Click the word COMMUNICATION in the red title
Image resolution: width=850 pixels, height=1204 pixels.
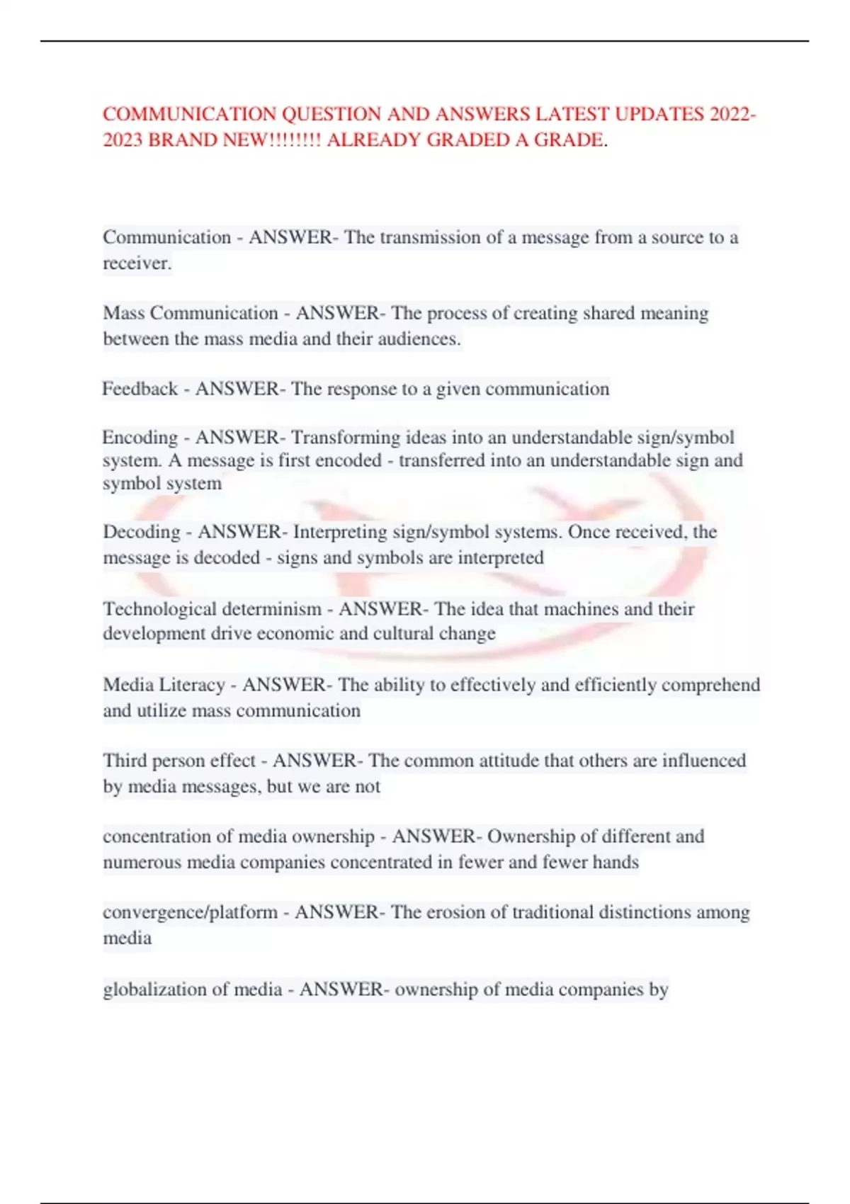(190, 114)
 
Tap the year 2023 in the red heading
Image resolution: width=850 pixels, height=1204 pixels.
(123, 140)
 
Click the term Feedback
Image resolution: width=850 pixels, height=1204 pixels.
(140, 389)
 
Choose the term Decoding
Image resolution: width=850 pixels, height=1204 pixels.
(142, 532)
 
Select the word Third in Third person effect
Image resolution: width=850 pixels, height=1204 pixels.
(125, 761)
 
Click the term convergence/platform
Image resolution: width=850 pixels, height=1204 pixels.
(190, 912)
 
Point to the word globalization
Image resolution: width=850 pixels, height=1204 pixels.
(147, 989)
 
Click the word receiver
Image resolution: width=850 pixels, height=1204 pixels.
(136, 263)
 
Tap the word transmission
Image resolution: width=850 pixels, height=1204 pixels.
(430, 237)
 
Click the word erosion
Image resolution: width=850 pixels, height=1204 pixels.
(466, 912)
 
